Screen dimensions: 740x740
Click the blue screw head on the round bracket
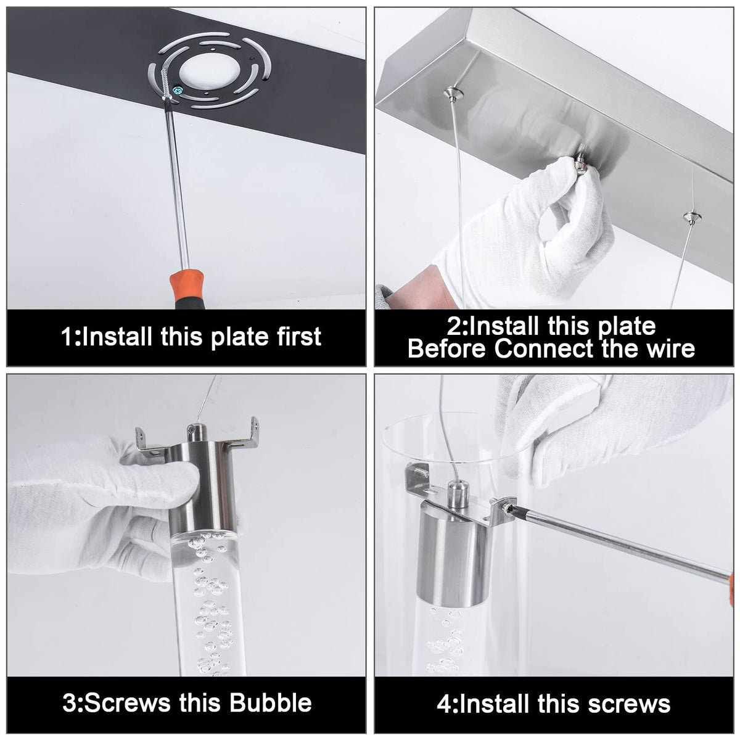(177, 91)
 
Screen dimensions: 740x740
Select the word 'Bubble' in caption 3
(270, 702)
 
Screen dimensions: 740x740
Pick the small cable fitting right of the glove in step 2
(692, 217)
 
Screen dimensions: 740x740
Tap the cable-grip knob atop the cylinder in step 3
(197, 432)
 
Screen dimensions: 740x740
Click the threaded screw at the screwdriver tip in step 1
(166, 83)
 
